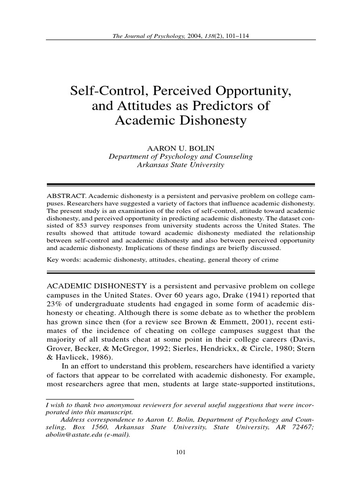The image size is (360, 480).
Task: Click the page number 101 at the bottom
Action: click(x=180, y=452)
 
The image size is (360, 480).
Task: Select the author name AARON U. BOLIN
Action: click(x=180, y=148)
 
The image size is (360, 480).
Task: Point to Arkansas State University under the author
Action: click(x=180, y=165)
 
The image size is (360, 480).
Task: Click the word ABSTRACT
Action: click(x=67, y=195)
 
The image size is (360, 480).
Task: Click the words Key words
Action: click(x=63, y=259)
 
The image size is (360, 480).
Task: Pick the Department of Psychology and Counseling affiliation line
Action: click(x=180, y=157)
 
